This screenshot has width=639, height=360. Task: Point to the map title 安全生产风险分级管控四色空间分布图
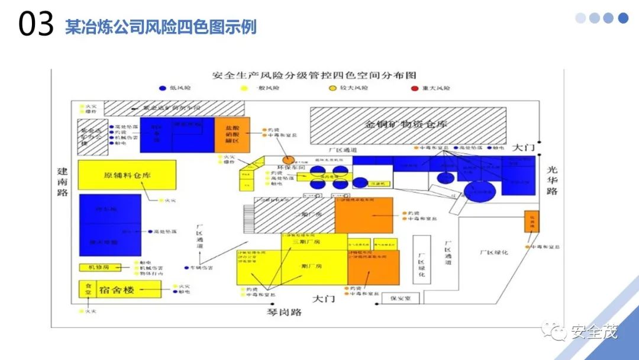315,76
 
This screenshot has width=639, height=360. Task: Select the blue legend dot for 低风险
163,88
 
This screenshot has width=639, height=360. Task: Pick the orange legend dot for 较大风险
333,88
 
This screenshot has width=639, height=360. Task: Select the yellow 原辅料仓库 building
127,175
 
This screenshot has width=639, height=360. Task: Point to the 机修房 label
98,268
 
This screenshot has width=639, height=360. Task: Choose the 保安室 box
400,298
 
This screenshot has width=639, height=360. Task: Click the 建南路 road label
63,181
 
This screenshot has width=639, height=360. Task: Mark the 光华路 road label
552,180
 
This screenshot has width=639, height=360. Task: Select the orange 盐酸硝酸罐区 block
232,135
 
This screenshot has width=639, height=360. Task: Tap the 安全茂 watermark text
593,332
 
